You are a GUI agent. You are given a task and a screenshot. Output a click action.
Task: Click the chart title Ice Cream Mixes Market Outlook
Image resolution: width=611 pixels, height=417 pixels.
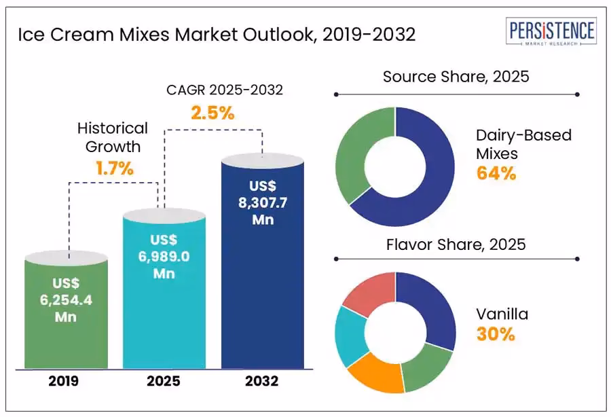pos(217,35)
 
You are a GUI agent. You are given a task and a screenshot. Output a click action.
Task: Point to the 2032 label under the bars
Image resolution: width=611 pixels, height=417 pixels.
pos(262,382)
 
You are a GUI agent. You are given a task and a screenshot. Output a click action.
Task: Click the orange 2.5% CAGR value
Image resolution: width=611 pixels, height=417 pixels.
pos(212,113)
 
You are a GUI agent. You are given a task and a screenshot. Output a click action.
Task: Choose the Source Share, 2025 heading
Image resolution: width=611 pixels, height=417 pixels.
pos(456,76)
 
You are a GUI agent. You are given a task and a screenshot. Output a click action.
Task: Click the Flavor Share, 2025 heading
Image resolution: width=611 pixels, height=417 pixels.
pos(456,244)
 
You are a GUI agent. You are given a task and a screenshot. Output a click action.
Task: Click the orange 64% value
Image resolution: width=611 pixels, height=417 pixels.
pos(496,174)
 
